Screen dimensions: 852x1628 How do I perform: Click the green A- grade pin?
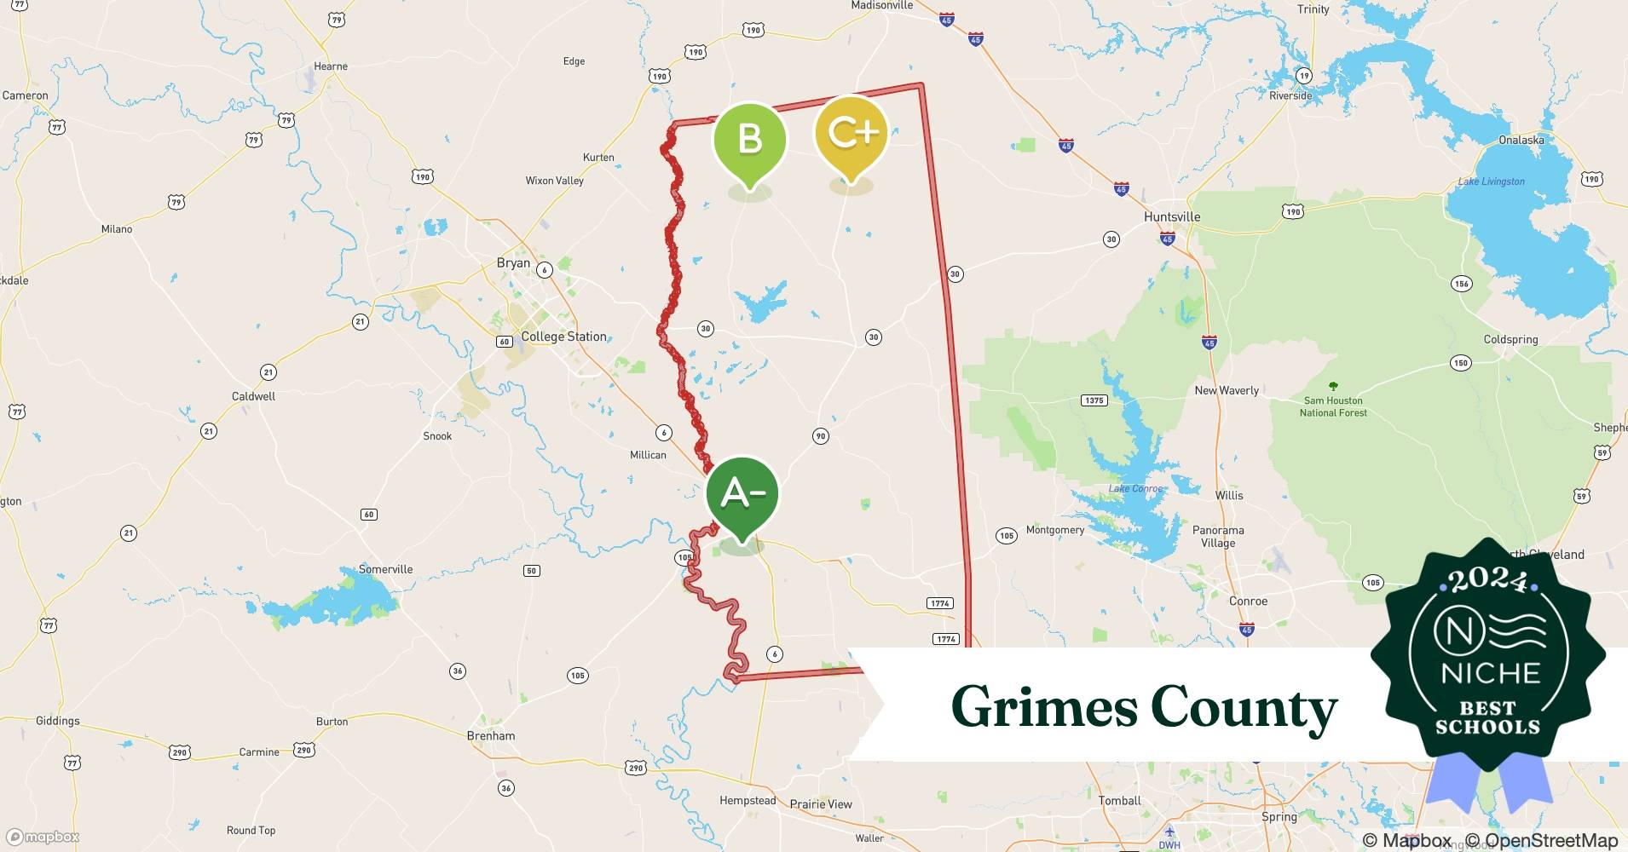742,494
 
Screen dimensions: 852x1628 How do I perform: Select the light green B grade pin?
749,139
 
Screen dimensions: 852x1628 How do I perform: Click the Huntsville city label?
1172,216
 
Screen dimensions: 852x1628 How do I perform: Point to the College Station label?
563,337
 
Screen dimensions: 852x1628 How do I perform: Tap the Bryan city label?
513,263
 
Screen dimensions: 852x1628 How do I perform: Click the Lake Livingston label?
1491,181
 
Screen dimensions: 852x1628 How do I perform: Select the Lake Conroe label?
1135,488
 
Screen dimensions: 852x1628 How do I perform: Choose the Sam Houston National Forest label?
1333,406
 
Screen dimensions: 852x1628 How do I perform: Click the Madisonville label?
881,6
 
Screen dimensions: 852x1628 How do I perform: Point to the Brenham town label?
491,735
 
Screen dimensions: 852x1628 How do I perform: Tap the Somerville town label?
385,569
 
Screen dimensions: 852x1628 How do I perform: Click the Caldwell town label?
253,396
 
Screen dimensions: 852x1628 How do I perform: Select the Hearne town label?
331,66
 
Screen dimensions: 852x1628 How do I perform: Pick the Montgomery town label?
1055,530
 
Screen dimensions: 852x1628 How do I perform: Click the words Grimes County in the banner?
1144,707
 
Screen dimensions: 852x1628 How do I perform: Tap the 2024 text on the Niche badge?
1487,580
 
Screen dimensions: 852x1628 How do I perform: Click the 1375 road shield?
1094,400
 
